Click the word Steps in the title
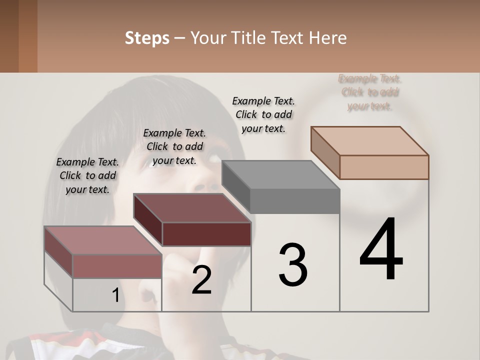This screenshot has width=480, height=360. [147, 38]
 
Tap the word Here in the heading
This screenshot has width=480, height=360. [328, 38]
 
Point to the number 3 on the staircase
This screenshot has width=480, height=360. [292, 265]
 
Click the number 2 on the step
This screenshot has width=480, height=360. [201, 280]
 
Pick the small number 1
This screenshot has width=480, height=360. [115, 295]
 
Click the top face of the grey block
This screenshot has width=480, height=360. [280, 175]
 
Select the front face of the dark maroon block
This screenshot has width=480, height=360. [206, 234]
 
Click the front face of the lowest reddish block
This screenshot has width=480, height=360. [117, 266]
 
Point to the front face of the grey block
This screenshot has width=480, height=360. [294, 201]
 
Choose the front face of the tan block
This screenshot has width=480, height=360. [384, 167]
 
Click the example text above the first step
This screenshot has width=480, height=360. [87, 175]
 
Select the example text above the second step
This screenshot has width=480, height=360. [174, 146]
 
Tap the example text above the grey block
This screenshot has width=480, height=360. [263, 114]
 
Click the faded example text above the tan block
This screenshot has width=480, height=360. [370, 92]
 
